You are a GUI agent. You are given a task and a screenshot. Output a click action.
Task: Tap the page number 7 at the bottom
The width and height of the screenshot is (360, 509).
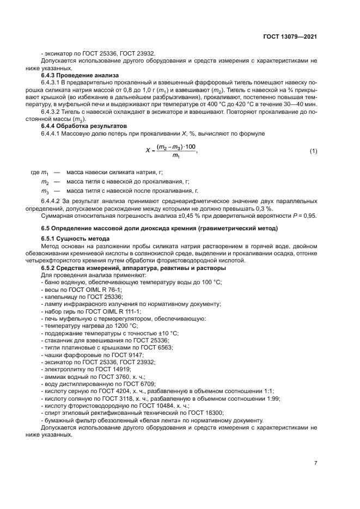click(x=315, y=463)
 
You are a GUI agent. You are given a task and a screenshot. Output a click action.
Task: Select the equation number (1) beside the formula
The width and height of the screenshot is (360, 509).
click(x=313, y=151)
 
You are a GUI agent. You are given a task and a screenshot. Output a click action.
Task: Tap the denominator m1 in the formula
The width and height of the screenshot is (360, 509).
click(x=175, y=157)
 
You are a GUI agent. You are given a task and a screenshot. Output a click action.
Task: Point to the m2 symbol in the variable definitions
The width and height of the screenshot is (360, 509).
click(x=45, y=181)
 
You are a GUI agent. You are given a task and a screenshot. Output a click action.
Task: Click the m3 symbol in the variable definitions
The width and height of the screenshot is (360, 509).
click(x=45, y=192)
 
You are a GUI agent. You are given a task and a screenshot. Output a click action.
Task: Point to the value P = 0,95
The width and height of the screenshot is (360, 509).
click(x=302, y=216)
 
